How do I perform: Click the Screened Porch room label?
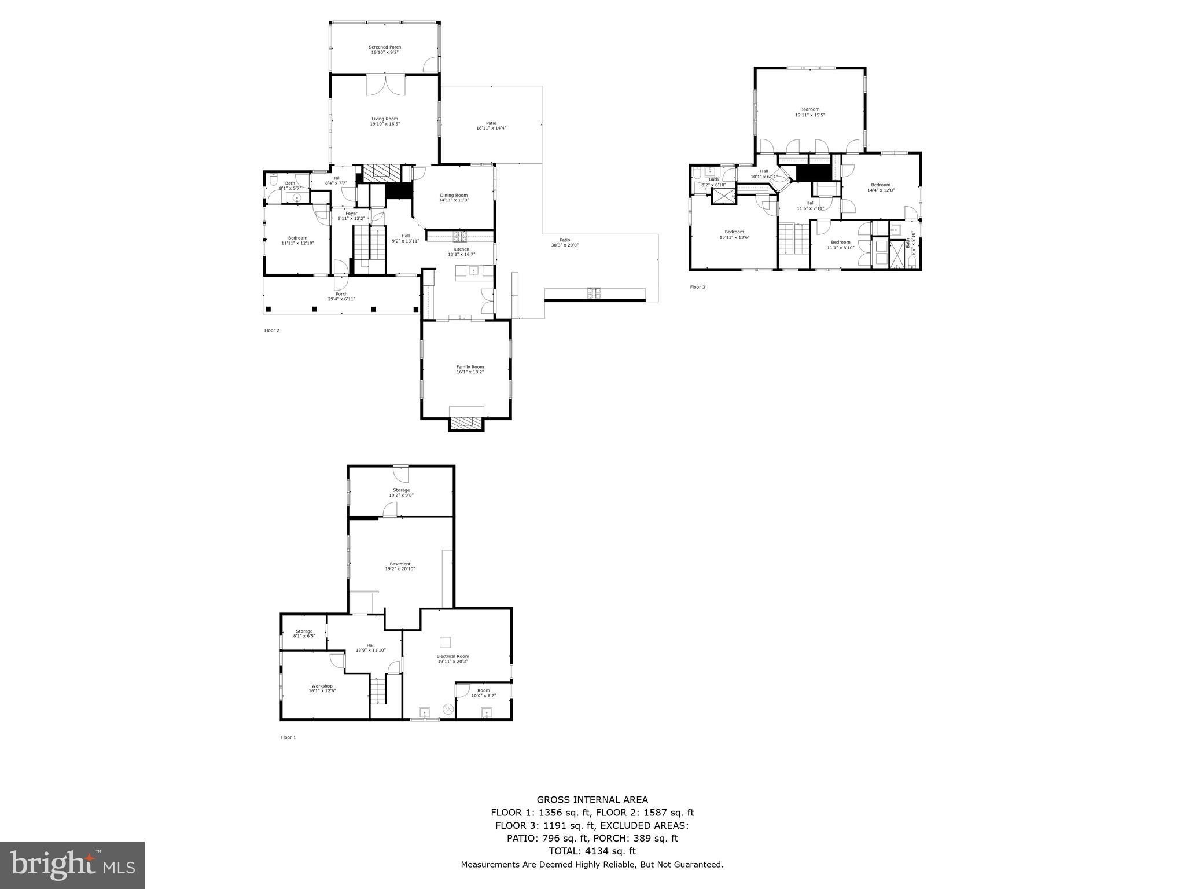[x=385, y=47]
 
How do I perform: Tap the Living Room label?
[x=385, y=119]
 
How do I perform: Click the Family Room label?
[x=470, y=367]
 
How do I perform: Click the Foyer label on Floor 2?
[x=351, y=214]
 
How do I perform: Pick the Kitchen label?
[x=461, y=249]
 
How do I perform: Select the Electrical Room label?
[x=452, y=656]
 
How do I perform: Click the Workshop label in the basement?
[x=322, y=686]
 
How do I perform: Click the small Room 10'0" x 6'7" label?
[x=483, y=690]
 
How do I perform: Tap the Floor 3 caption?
[x=697, y=287]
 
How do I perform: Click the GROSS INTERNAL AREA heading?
[x=592, y=800]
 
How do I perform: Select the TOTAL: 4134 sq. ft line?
[x=592, y=851]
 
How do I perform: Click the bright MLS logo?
[x=72, y=865]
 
